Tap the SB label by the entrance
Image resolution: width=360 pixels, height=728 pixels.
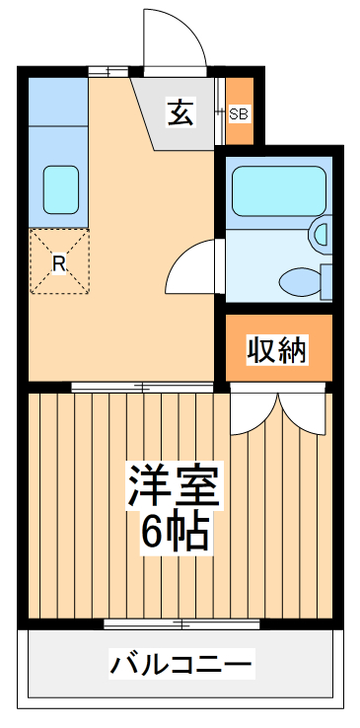coord(240,113)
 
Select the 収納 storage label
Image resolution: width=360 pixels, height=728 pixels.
coord(277,349)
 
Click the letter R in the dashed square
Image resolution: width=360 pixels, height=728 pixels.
coord(58,263)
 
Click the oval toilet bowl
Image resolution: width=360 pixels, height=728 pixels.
coord(302,282)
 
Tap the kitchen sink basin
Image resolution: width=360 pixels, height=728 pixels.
coord(60,184)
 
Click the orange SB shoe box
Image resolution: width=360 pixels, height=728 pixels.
coord(240,110)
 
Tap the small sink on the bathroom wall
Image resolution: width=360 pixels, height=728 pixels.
coord(321,235)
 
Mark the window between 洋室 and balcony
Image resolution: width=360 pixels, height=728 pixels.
coord(181,623)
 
